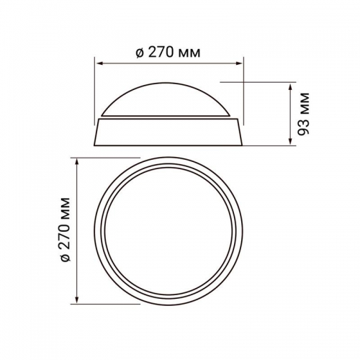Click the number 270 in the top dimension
coord(161,53)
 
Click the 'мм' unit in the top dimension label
coord(189,54)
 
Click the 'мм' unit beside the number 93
coord(304,104)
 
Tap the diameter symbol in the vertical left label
coord(66,258)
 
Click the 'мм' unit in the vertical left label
coord(66,208)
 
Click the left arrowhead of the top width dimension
coord(99,63)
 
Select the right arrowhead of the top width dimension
coord(239,63)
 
